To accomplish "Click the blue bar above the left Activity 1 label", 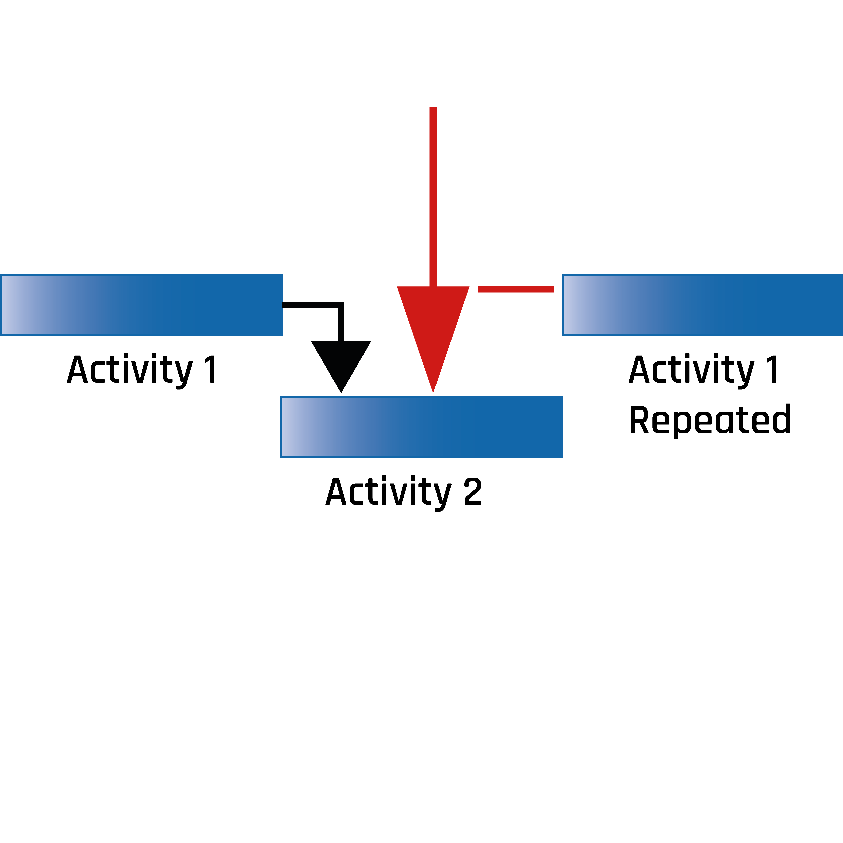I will coord(142,304).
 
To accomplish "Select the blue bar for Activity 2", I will coord(421,427).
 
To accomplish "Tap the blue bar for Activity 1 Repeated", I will coord(703,304).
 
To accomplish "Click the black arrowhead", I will coord(341,362).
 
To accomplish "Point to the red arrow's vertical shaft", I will coord(433,196).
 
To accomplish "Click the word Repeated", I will coord(710,420).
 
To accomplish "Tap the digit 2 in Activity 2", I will coord(473,492).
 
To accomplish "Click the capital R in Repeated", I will coord(639,420).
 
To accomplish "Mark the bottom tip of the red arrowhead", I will coord(433,391).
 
